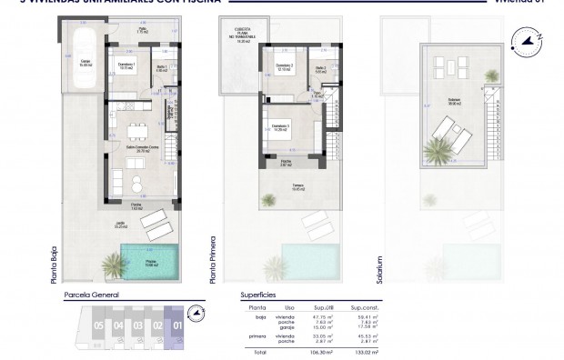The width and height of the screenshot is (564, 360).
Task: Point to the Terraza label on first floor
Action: [298, 188]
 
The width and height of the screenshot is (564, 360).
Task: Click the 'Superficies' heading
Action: [257, 295]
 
